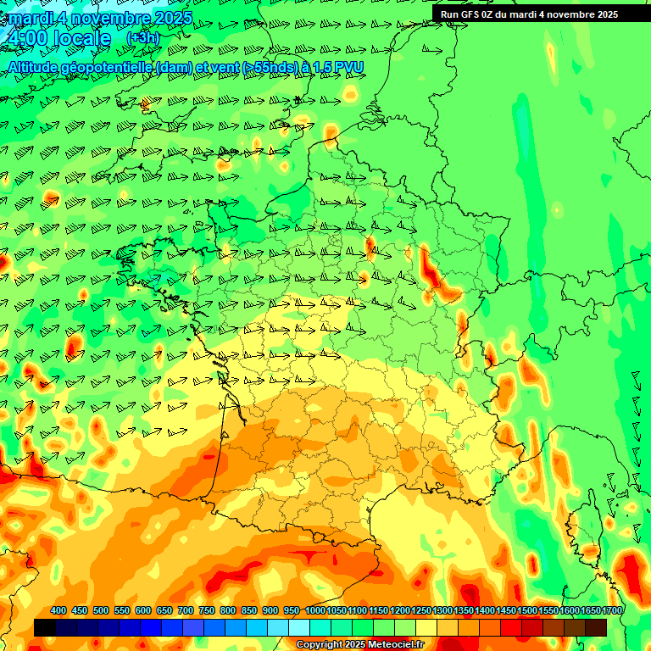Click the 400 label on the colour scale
pyautogui.click(x=58, y=611)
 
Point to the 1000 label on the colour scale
pyautogui.click(x=315, y=611)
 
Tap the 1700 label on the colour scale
pyautogui.click(x=611, y=611)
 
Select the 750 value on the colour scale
pyautogui.click(x=207, y=611)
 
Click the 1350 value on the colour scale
pyautogui.click(x=464, y=611)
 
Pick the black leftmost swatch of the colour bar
pyautogui.click(x=45, y=627)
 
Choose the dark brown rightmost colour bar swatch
pyautogui.click(x=596, y=627)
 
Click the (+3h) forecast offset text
pyautogui.click(x=142, y=37)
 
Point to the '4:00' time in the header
pyautogui.click(x=25, y=38)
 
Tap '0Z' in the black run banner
pyautogui.click(x=492, y=14)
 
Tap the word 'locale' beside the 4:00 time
pyautogui.click(x=81, y=38)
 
